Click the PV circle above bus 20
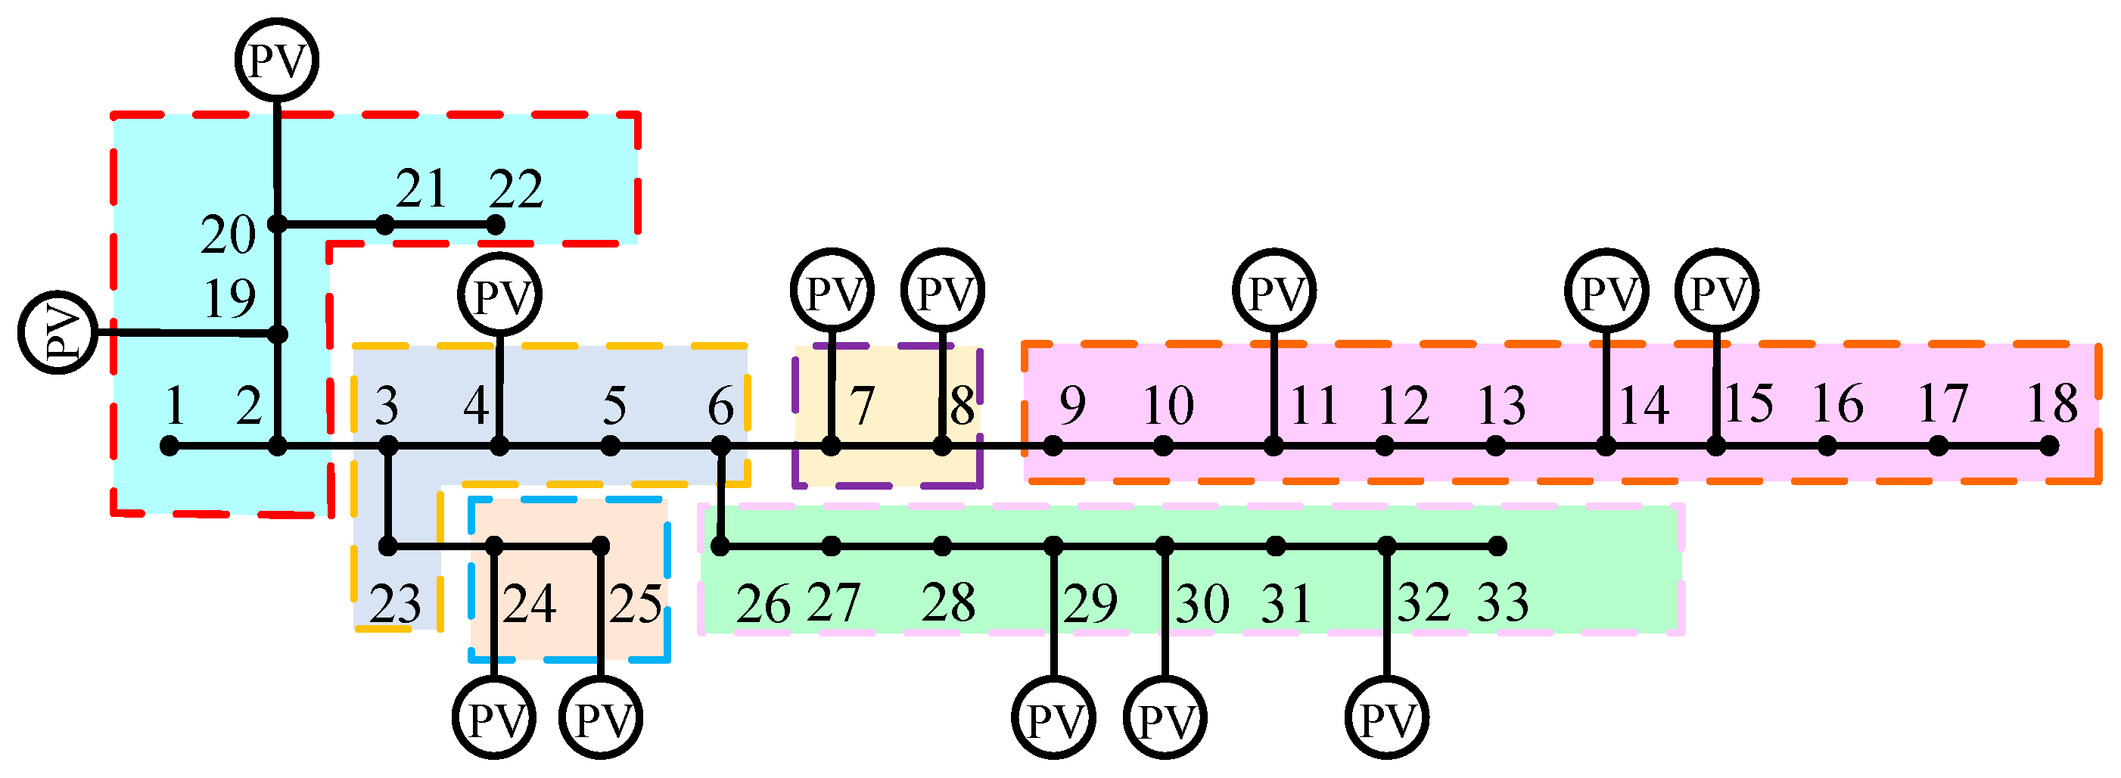coord(277,61)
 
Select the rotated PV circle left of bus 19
coord(58,332)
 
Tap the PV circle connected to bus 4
coord(499,294)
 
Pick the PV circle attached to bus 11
coord(1274,291)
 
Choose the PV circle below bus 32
coord(1386,718)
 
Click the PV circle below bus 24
coord(494,718)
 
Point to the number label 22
coord(516,189)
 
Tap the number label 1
coord(174,405)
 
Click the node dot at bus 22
coord(495,224)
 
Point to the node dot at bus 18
coord(2049,447)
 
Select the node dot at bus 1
coord(169,447)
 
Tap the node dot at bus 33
coord(1497,545)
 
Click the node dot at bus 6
coord(720,447)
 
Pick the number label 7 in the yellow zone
coord(861,405)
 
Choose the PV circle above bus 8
coord(943,291)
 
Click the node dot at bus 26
coord(720,545)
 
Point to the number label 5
coord(614,405)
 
